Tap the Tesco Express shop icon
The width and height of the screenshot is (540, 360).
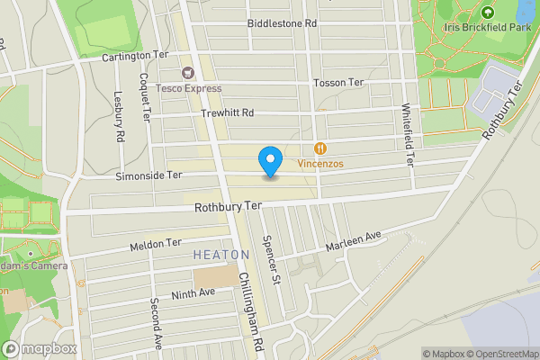tap(189, 72)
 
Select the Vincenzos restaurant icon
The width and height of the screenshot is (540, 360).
tap(320, 148)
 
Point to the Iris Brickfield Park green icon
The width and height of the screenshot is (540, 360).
tap(487, 13)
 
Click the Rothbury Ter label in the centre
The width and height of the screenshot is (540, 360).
tap(228, 206)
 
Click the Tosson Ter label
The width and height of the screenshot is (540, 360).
tap(338, 83)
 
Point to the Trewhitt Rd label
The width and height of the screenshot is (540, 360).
tap(228, 112)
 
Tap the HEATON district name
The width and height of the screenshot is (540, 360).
tap(220, 256)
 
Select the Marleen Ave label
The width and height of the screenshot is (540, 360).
tap(354, 238)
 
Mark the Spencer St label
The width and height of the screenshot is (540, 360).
tap(270, 260)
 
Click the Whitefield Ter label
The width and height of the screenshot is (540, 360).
tap(408, 135)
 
